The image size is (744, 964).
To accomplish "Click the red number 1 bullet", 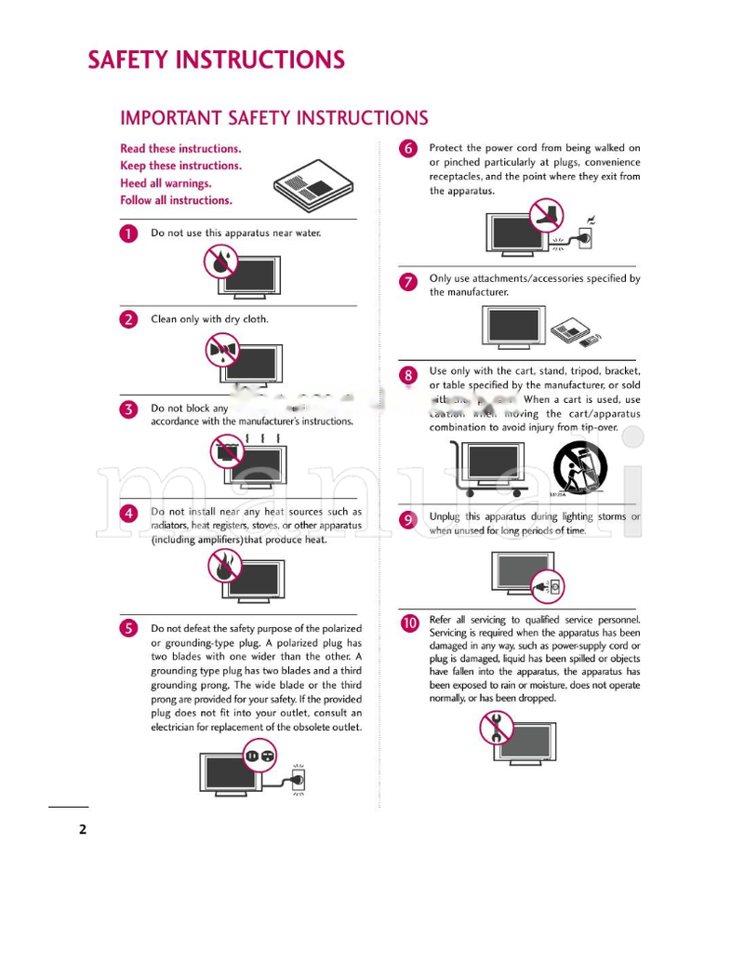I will tap(128, 234).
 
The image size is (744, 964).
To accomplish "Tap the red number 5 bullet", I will tap(128, 628).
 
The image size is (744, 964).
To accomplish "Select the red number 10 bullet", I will tap(408, 623).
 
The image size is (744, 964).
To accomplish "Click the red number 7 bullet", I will tap(407, 282).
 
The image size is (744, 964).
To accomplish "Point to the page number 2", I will tap(82, 829).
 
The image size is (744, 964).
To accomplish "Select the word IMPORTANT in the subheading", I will tap(171, 118).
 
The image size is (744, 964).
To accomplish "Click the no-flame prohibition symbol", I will tap(224, 565).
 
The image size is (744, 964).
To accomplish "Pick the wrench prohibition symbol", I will tap(497, 727).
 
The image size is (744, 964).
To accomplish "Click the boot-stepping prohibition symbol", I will tap(547, 215).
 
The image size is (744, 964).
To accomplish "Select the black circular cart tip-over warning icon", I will tap(579, 467).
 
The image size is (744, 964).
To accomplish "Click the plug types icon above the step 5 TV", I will tap(260, 756).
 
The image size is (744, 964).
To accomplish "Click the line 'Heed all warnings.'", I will tap(166, 183).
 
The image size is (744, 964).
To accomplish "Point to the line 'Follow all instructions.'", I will tap(176, 200).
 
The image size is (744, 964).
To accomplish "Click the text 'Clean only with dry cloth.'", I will tap(209, 319).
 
